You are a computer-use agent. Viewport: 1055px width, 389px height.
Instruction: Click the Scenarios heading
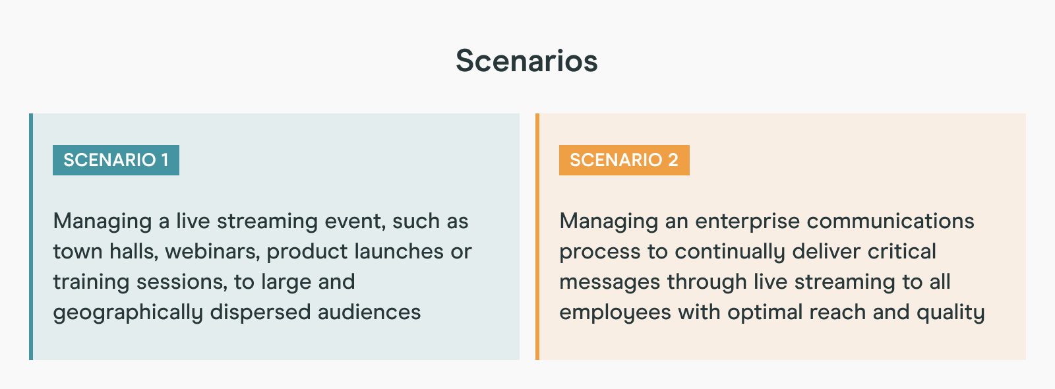point(527,61)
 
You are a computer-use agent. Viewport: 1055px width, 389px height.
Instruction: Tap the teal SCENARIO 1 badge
point(116,160)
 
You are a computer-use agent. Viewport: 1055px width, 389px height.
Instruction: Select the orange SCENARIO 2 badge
point(624,160)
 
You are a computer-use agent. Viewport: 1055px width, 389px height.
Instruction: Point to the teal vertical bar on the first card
point(31,237)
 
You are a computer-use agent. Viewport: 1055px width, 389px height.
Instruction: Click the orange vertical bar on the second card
point(537,237)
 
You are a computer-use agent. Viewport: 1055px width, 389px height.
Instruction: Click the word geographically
point(128,313)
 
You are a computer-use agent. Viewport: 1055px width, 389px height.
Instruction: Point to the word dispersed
point(260,313)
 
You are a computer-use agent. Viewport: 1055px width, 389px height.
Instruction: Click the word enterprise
point(748,222)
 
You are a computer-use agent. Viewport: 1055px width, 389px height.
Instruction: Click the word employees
point(615,313)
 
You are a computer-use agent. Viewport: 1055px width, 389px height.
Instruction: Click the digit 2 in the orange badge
point(673,160)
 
